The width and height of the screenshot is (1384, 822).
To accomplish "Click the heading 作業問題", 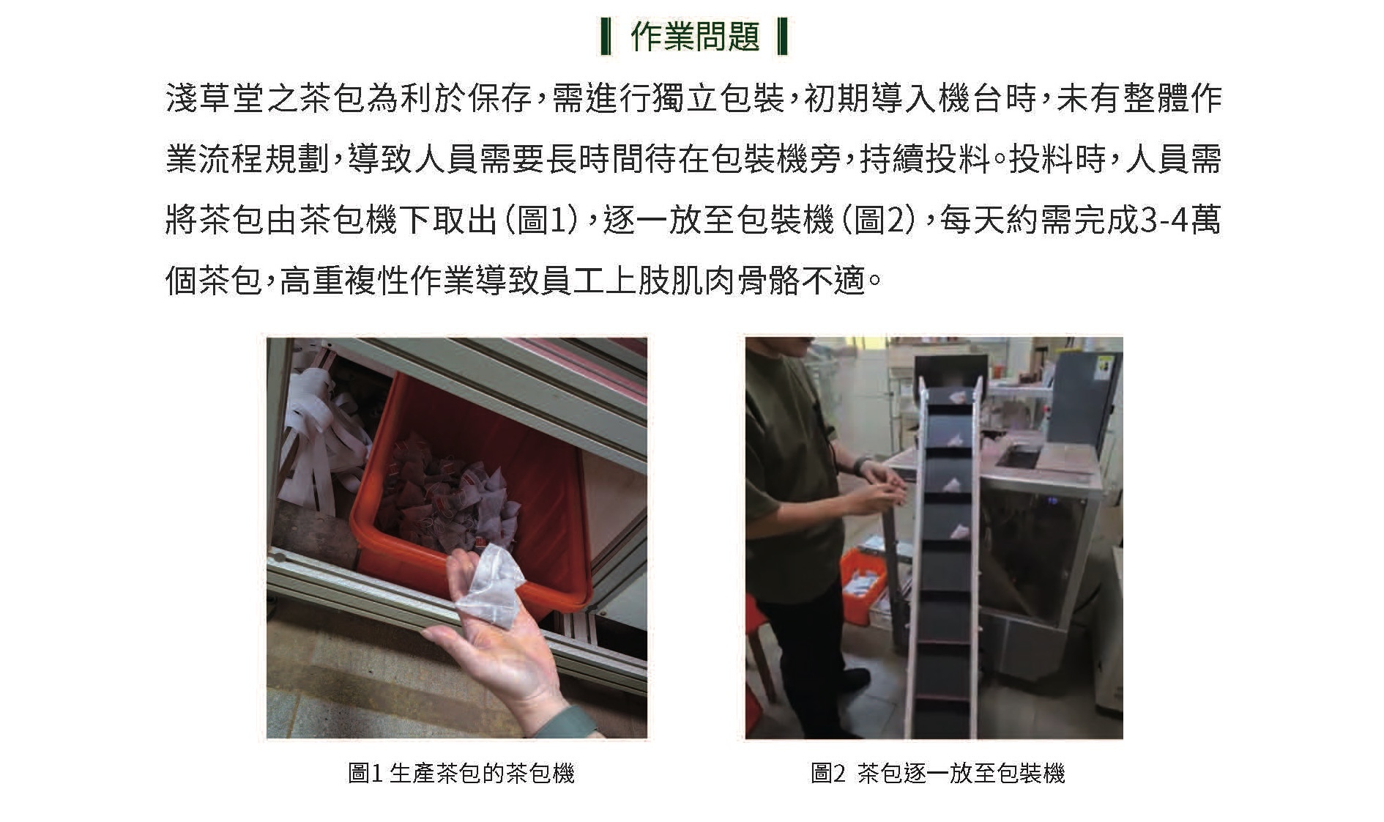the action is (695, 37).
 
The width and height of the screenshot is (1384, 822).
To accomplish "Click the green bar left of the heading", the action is (606, 37).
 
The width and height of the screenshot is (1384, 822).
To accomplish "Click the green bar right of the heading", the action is (781, 37).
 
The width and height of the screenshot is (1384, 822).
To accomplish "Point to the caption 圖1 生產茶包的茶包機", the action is (461, 773).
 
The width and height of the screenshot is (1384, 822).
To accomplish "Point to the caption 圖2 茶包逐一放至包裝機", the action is (937, 773).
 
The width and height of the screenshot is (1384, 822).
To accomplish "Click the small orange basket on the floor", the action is (866, 585).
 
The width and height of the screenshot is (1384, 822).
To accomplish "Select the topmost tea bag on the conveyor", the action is (956, 396).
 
